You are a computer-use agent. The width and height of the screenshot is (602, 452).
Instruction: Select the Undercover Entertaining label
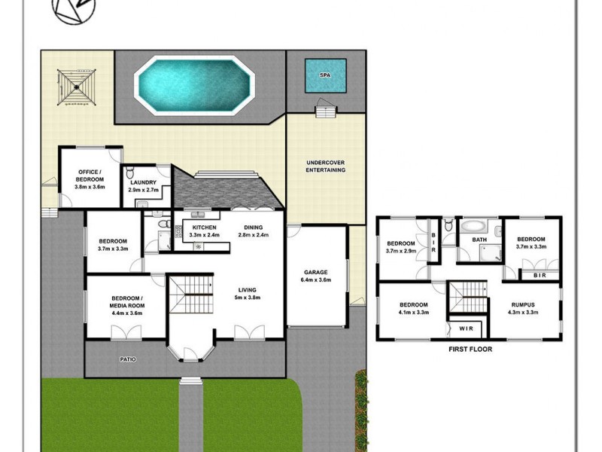[x=325, y=166]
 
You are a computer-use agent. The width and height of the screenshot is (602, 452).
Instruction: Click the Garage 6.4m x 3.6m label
[x=317, y=276]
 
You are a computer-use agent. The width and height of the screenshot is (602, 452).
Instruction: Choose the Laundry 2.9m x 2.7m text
[x=143, y=186]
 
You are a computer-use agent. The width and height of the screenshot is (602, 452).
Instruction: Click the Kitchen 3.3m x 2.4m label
[x=205, y=231]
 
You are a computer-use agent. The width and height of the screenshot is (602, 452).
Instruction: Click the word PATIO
[x=128, y=359]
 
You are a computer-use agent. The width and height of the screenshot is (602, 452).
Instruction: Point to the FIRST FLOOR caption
[x=469, y=350]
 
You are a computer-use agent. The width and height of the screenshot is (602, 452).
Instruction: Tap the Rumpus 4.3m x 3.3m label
[x=524, y=308]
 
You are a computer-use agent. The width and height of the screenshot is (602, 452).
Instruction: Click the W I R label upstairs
[x=466, y=328]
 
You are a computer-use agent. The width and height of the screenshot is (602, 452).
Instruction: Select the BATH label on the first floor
[x=479, y=240]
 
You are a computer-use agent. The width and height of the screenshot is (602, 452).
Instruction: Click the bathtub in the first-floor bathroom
[x=474, y=225]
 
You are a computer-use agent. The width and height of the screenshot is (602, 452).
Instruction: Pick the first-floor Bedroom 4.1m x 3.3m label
[x=413, y=308]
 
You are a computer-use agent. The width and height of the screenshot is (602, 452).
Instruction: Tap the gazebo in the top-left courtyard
[x=74, y=88]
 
